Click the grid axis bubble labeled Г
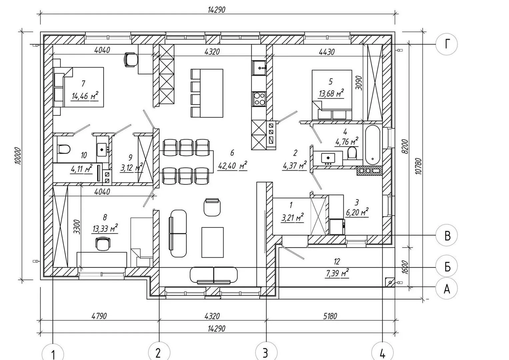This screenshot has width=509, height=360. pos(447,44)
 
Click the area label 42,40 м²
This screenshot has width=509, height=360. pos(232,166)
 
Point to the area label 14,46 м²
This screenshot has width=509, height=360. pos(85,96)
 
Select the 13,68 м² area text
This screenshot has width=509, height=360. pos(332,93)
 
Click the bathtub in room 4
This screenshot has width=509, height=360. pos(372,145)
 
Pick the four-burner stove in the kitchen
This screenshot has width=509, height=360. pos(259,99)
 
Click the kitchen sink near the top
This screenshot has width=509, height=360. pos(259,68)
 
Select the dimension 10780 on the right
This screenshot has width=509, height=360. pos(418,166)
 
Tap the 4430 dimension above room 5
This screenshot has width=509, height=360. pos(327,52)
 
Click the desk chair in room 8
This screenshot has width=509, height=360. pos(103,243)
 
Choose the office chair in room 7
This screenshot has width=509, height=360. pos(131,60)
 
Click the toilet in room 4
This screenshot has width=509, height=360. pos(352,153)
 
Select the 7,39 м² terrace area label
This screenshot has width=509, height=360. pos(337,274)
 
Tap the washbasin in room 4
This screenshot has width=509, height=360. pos(328,158)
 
